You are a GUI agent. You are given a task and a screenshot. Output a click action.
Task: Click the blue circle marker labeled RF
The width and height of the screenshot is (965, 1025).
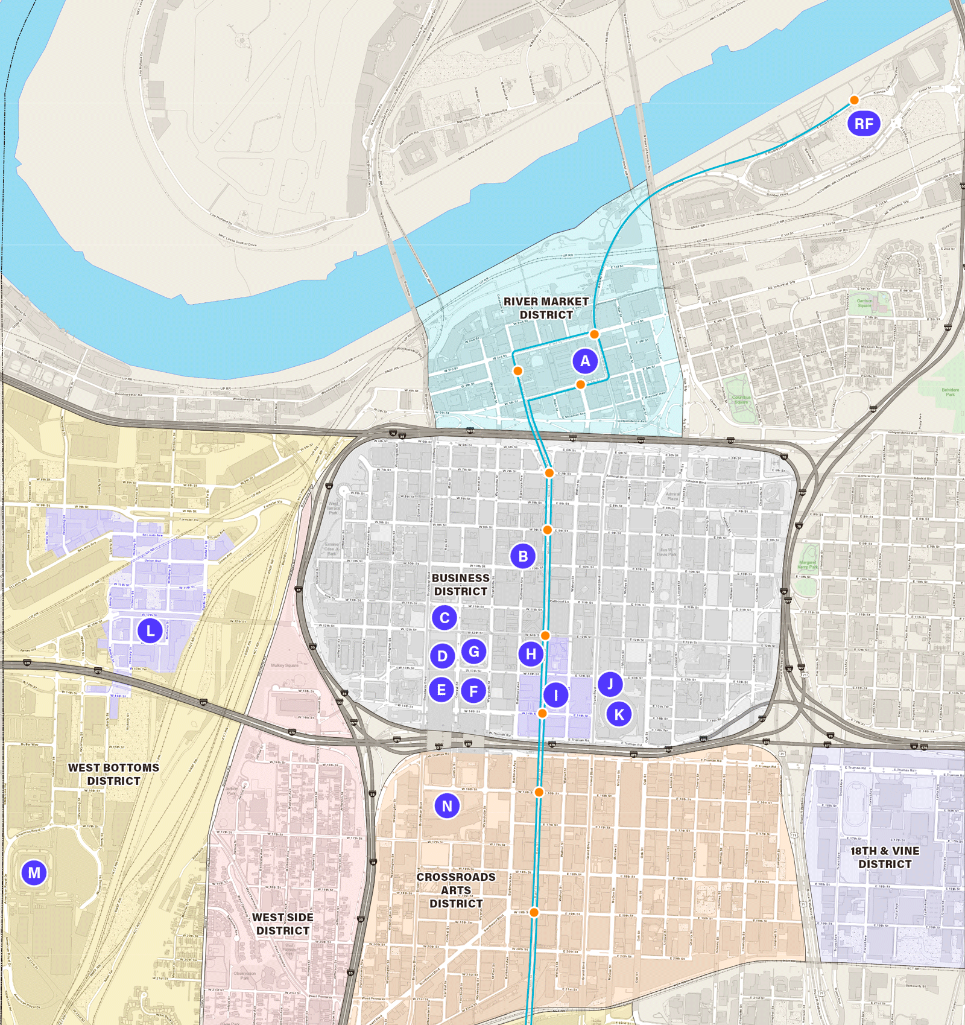pos(864,124)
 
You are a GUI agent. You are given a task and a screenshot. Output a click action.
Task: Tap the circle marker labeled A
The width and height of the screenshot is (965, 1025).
pos(585,361)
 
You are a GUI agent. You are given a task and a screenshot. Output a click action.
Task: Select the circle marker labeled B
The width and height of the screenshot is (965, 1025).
pos(523,556)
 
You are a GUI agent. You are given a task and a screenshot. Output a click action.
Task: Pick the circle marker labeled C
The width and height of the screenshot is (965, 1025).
pos(445,618)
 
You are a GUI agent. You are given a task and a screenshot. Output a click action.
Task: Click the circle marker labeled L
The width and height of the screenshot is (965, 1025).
pos(150,631)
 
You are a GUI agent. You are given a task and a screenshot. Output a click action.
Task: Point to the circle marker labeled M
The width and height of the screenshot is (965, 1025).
pos(34,872)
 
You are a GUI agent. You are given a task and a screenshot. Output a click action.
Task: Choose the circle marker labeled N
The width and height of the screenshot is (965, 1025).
pos(447,806)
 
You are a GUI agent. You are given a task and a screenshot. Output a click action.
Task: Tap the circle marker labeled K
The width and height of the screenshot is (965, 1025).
pos(619,715)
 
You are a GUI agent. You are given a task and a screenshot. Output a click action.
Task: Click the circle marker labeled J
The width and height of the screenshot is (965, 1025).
pos(610,684)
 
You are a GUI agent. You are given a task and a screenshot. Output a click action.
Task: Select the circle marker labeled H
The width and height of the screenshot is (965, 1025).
pos(531,654)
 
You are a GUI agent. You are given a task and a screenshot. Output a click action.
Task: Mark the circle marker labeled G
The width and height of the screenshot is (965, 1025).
pos(474,652)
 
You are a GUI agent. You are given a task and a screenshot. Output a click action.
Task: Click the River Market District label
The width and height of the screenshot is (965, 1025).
pos(546,308)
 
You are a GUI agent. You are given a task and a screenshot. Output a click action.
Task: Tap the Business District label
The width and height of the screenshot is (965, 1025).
pos(461,585)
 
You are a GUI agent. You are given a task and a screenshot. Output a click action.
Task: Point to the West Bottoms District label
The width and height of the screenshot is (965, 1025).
pos(113,774)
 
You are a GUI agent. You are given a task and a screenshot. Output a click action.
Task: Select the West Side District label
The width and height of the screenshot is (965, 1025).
pos(282,924)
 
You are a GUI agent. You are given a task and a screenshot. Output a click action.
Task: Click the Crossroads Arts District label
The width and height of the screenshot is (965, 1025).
pos(456,890)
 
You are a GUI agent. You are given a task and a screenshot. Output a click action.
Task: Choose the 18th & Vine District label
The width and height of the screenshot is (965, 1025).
pos(885,857)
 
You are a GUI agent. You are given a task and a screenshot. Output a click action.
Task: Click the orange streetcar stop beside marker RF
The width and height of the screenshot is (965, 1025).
pos(854,100)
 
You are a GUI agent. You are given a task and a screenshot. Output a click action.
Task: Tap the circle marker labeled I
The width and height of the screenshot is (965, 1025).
pos(556,695)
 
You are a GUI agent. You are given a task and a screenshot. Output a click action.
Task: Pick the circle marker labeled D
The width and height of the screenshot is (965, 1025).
pos(443,656)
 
